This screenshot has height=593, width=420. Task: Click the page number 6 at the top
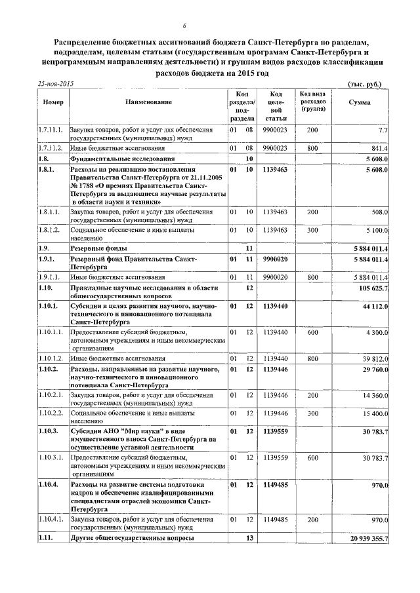pyautogui.click(x=184, y=26)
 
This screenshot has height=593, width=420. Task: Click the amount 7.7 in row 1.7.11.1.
pyautogui.click(x=383, y=130)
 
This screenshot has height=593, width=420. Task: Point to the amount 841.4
pyautogui.click(x=379, y=149)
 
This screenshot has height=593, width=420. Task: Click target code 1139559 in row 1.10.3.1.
pyautogui.click(x=276, y=457)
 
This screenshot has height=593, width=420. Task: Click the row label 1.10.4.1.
pyautogui.click(x=51, y=520)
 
